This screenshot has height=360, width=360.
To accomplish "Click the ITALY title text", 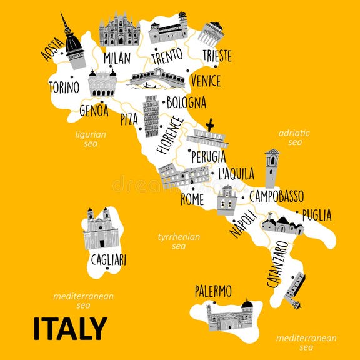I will pyautogui.click(x=70, y=329).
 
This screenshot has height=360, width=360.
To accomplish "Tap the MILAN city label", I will pyautogui.click(x=117, y=57).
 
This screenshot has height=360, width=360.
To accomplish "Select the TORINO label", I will pyautogui.click(x=64, y=86).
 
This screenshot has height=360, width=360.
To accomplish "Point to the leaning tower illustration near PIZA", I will pyautogui.click(x=151, y=116).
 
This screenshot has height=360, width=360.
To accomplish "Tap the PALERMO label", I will pyautogui.click(x=213, y=291).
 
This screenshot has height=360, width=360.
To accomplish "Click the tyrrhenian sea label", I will pyautogui.click(x=178, y=241).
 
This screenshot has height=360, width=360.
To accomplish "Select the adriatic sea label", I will pyautogui.click(x=294, y=137).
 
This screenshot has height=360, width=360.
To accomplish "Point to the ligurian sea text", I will pyautogui.click(x=91, y=138).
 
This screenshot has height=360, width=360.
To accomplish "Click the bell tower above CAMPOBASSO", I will pyautogui.click(x=271, y=167).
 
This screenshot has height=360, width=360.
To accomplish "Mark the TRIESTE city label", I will pyautogui.click(x=217, y=55).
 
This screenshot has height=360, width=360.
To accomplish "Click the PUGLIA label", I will pyautogui.click(x=317, y=215).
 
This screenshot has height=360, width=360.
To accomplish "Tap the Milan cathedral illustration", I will pyautogui.click(x=119, y=29).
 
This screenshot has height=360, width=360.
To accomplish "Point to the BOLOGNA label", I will pyautogui.click(x=186, y=102).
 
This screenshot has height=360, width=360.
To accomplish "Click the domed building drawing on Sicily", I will pyautogui.click(x=230, y=316).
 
